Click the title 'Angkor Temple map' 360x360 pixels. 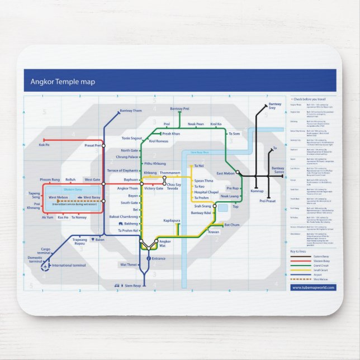(63, 82)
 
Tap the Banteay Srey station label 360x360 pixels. (275, 106)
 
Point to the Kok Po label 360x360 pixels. (44, 145)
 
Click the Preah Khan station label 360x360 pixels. (171, 134)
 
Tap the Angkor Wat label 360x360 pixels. (165, 244)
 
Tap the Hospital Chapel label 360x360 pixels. (206, 192)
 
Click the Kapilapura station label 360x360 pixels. (172, 221)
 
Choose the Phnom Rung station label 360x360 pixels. (50, 179)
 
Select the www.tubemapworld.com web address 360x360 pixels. (313, 287)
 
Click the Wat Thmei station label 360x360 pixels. (128, 264)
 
